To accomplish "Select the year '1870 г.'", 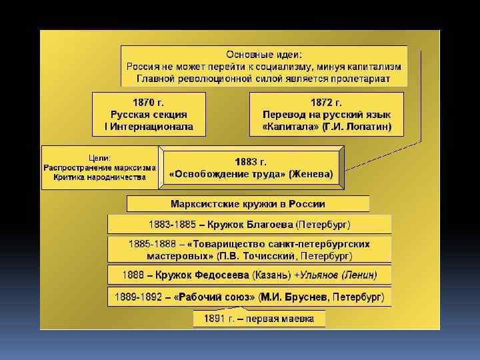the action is (149, 102).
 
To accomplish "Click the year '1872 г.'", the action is (327, 102).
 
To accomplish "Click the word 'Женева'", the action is (311, 174).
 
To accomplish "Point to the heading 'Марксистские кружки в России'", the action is (248, 203).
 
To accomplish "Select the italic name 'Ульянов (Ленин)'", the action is (341, 275).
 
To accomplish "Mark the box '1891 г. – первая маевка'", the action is (259, 319).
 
